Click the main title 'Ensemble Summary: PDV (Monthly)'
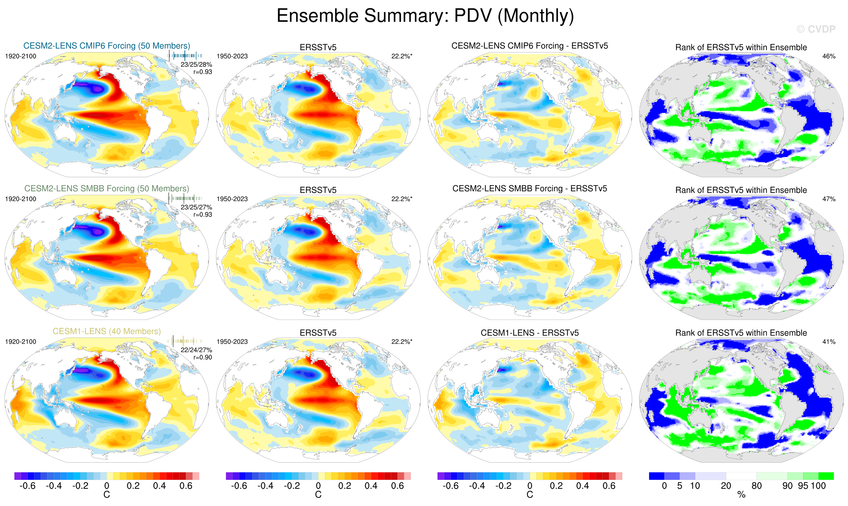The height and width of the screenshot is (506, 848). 425,16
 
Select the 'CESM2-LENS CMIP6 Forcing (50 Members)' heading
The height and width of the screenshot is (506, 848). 107,46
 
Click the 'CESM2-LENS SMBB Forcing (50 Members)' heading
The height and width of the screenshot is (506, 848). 107,189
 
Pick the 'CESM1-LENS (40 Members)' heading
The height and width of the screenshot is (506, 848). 107,331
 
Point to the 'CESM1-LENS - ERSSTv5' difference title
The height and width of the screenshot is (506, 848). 530,333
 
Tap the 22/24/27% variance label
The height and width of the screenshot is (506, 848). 196,350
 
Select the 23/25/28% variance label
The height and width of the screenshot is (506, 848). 196,64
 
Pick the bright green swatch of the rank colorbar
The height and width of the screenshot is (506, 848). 826,476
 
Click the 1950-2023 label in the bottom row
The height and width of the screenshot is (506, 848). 232,342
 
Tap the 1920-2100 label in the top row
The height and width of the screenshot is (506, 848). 21,56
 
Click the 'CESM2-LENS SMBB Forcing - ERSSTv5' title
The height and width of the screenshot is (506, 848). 530,189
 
